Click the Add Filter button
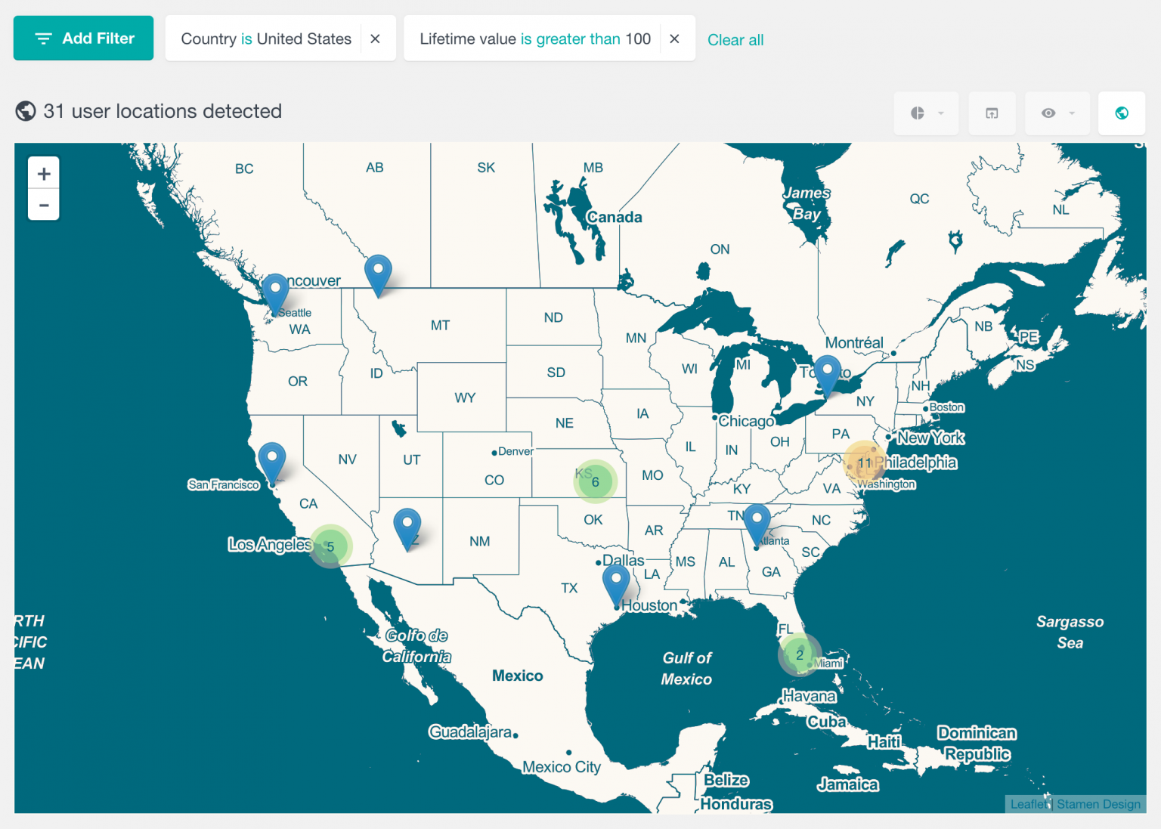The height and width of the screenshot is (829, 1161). click(x=83, y=39)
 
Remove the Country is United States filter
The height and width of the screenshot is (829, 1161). click(x=375, y=39)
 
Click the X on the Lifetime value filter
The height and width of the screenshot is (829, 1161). click(x=674, y=39)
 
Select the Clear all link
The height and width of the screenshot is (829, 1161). click(x=735, y=40)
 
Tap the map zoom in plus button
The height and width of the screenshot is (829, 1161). click(x=44, y=174)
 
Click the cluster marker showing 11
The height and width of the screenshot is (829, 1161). click(x=865, y=462)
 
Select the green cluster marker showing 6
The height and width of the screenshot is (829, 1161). click(x=595, y=481)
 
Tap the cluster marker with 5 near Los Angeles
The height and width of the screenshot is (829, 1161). click(x=330, y=546)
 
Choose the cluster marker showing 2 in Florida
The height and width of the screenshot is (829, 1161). click(x=799, y=654)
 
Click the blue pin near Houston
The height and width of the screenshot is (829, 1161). click(x=616, y=583)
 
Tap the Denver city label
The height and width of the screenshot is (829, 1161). click(x=515, y=451)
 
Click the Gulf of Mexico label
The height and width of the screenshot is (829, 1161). click(x=686, y=668)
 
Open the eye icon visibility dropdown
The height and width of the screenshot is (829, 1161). click(x=1057, y=113)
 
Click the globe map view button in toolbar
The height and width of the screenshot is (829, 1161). click(x=1122, y=113)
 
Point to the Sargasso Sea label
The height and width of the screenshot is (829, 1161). click(x=1070, y=632)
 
